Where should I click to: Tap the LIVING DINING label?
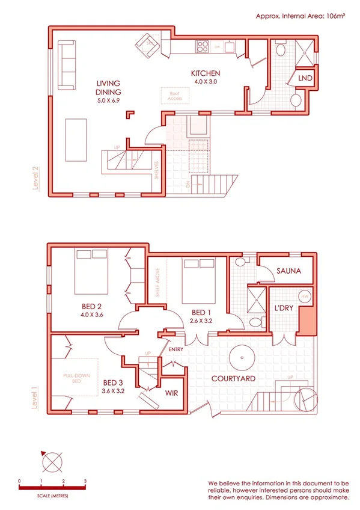tap(108, 87)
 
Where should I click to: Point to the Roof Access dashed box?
tap(175, 96)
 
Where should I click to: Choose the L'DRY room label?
tap(284, 308)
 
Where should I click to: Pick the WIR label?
tap(172, 393)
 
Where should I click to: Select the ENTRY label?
tap(177, 349)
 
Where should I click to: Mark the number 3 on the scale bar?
tap(85, 482)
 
